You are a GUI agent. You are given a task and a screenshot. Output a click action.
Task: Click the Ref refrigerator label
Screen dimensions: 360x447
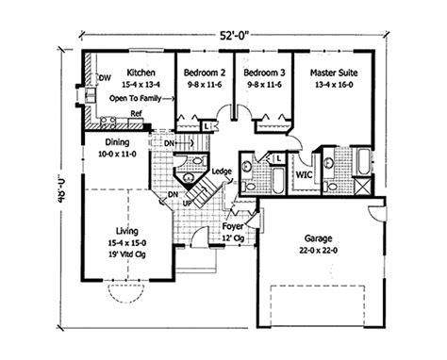point(137,113)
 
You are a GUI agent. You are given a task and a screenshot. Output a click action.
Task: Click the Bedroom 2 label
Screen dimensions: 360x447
point(204,72)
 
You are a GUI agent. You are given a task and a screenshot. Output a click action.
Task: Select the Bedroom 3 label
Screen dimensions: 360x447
point(262,72)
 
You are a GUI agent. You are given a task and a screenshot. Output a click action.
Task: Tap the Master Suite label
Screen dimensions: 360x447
point(330,72)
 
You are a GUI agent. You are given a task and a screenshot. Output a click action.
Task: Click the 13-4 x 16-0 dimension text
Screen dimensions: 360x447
point(331,83)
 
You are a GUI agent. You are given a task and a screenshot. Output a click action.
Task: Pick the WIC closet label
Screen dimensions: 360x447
point(304,174)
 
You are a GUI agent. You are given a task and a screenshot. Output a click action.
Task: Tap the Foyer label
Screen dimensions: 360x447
point(233,227)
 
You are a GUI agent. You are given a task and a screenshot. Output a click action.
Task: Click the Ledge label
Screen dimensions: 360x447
point(223,170)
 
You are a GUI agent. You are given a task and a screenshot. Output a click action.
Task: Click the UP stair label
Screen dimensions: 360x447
point(188,203)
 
